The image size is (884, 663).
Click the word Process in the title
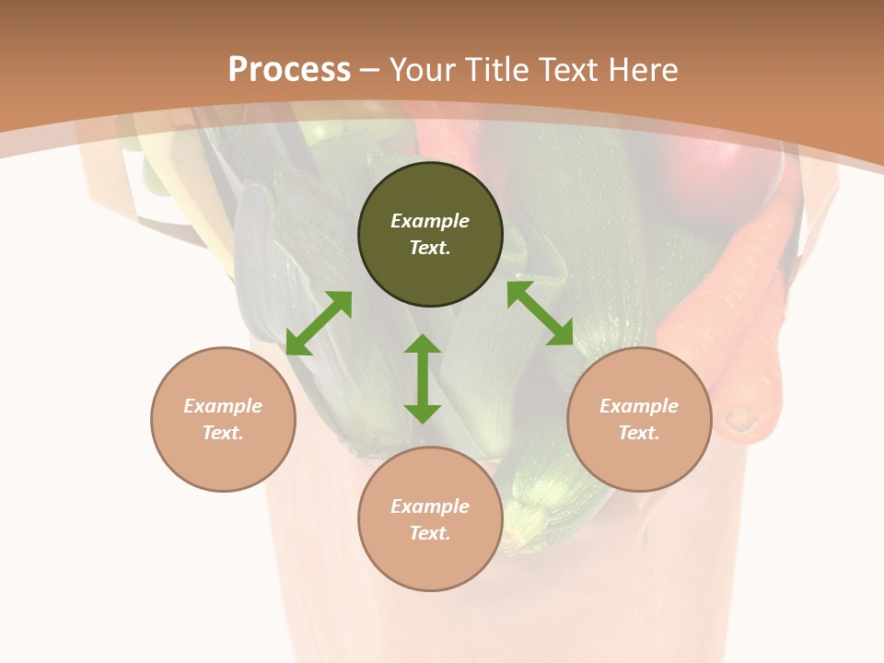point(289,70)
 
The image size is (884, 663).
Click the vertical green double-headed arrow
point(423,378)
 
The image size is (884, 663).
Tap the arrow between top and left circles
point(319,323)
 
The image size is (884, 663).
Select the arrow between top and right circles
point(540,314)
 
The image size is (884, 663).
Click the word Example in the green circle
point(430,221)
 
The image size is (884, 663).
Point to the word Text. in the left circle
point(223,433)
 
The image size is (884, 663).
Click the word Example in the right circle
point(639,406)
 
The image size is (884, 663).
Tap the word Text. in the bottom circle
point(430,533)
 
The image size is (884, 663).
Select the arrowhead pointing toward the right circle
point(561,334)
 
